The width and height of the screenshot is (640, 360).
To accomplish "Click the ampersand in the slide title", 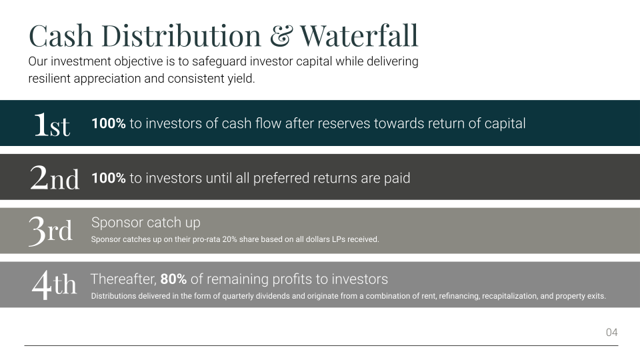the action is [281, 35].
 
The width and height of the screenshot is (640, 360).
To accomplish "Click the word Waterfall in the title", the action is [359, 35].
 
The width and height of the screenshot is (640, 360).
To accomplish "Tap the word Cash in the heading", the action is [61, 35].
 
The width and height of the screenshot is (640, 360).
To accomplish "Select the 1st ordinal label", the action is [52, 125].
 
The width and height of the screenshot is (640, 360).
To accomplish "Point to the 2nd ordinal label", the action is [54, 177].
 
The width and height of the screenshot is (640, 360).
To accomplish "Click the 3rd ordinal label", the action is [51, 231].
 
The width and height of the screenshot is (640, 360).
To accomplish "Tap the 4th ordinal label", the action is [54, 285].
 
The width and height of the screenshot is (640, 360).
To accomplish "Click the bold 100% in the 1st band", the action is [109, 123].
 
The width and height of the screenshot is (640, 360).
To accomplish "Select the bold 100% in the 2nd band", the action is [109, 178].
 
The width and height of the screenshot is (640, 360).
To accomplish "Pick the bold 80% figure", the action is [173, 279].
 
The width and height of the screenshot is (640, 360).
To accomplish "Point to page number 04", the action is [612, 332].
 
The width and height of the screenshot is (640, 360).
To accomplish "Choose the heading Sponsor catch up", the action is [146, 223].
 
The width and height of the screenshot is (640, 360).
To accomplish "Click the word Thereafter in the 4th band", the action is [123, 279].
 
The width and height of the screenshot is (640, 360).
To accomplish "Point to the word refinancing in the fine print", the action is [459, 296].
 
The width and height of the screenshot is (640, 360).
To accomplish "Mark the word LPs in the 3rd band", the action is [339, 239].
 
